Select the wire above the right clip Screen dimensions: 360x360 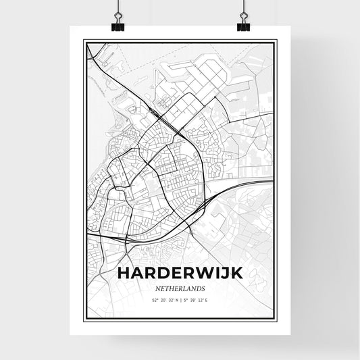pyautogui.click(x=242, y=8)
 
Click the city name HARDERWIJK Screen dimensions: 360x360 pyautogui.click(x=179, y=273)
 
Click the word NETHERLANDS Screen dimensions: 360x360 pyautogui.click(x=179, y=289)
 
